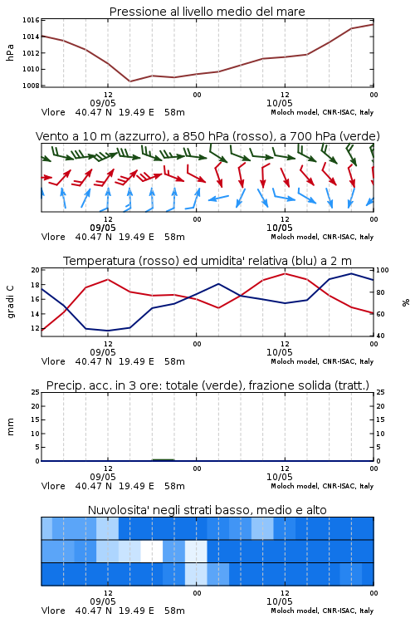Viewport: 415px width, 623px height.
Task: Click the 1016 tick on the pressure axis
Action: (31, 20)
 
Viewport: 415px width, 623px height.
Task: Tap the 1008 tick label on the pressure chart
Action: (31, 86)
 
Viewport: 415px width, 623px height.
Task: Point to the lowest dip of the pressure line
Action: (129, 81)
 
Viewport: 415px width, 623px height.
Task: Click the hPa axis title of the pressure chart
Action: (10, 53)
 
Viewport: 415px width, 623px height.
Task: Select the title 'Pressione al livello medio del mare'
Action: (207, 12)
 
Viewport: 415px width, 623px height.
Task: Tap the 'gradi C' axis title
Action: (11, 302)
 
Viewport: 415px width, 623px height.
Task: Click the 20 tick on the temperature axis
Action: (36, 270)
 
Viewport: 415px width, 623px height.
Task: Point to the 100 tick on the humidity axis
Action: (383, 270)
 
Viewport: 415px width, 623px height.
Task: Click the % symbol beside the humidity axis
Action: (406, 302)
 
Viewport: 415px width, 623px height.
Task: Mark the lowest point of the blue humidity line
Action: (108, 331)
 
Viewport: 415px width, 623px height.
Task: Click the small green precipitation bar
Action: (164, 459)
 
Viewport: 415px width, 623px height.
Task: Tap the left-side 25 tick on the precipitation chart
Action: (36, 392)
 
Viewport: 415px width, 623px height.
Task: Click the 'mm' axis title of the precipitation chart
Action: (10, 427)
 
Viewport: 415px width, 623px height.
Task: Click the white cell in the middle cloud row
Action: (152, 551)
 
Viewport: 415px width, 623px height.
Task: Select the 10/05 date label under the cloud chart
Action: (280, 601)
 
